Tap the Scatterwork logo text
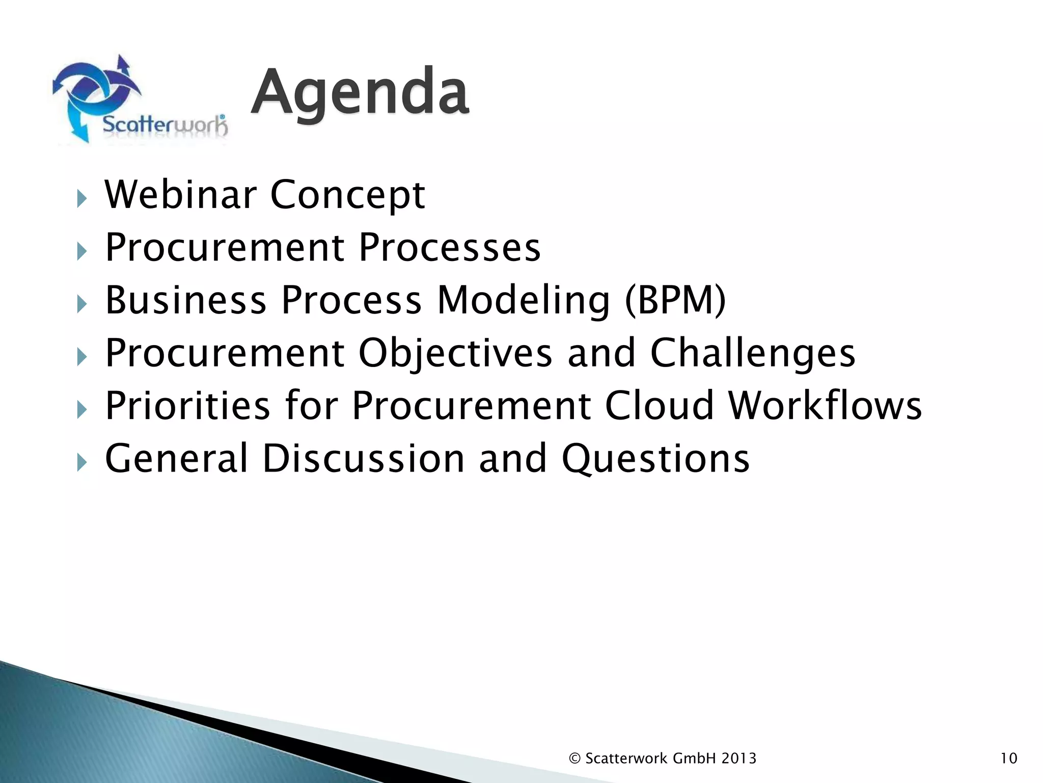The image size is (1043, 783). coord(164,125)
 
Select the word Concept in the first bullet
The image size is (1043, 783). coord(347,196)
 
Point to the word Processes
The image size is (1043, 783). coord(449,248)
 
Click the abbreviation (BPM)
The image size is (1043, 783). coord(675,300)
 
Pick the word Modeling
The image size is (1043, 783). coord(524,301)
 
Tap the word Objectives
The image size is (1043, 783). coord(455,354)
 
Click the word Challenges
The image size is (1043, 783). coord(753,354)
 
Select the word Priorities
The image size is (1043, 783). coord(187,406)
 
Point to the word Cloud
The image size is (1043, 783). coord(660,406)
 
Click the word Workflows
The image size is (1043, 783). coord(825,406)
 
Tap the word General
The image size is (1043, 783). coord(176,458)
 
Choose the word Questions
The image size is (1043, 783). coord(655,459)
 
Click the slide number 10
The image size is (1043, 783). coord(1008,759)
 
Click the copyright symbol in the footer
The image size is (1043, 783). coord(574,759)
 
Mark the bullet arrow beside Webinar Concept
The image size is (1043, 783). coord(81,198)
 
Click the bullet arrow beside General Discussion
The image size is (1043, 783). coord(81,462)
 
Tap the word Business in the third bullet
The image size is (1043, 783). coord(186,300)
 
